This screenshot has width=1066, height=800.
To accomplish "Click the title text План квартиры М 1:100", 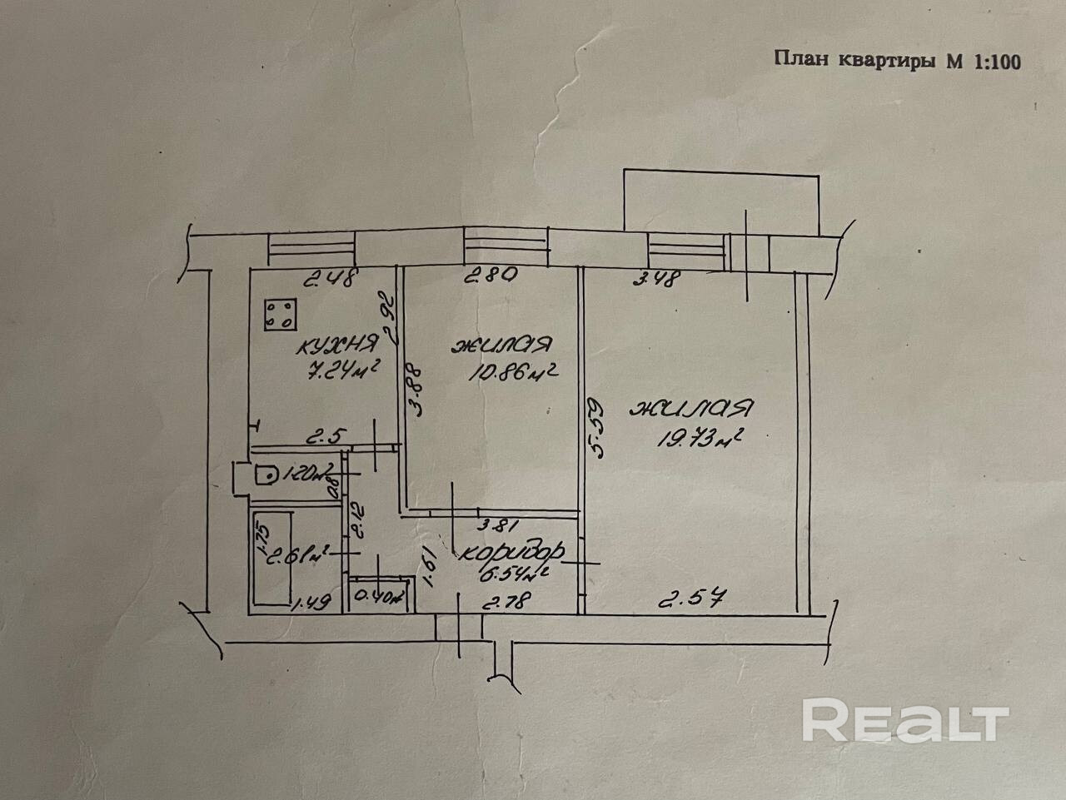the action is coord(897,61).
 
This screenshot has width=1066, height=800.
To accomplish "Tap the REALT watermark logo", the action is coord(904,719).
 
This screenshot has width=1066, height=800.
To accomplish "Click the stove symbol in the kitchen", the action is coord(279,316).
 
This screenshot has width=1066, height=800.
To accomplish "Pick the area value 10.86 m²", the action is coord(511,371).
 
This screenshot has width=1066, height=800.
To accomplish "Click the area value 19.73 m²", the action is coord(700,436).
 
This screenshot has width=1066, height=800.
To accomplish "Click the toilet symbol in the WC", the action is coord(264,475).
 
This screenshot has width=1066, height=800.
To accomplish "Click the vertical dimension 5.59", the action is coord(597,427).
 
